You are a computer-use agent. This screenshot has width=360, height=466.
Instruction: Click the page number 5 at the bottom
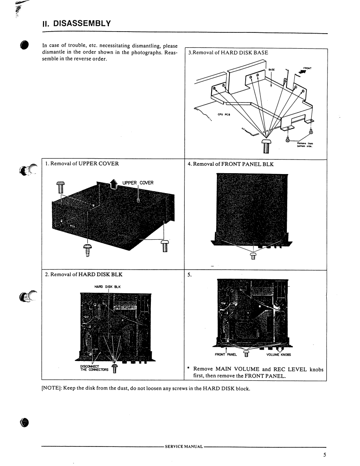point(325,455)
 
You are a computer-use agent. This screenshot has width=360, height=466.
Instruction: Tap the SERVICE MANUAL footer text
point(184,446)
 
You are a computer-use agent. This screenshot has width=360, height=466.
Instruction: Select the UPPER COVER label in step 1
point(138,183)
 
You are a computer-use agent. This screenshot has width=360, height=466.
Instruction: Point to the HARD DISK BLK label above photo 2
point(108,286)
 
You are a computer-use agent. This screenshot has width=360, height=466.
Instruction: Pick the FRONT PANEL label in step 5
point(226,355)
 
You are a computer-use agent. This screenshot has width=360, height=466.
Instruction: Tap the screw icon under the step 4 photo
point(253,255)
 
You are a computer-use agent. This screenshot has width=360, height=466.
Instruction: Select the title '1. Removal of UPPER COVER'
point(82,164)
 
